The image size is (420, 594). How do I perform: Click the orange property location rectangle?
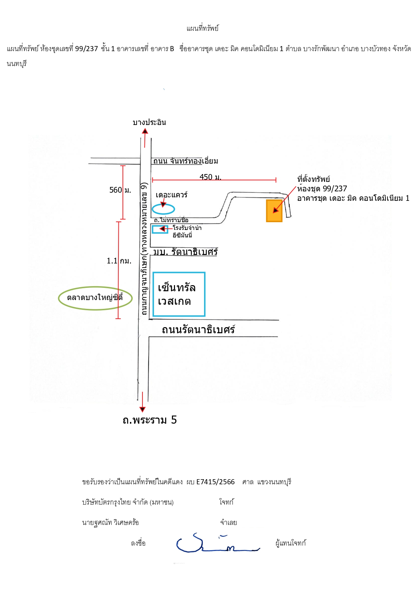(x=274, y=211)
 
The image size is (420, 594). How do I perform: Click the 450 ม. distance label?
(x=210, y=177)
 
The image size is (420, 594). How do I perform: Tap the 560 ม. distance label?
(x=120, y=190)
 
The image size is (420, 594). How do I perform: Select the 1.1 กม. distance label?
(x=119, y=261)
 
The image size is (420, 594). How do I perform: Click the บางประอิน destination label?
(x=149, y=122)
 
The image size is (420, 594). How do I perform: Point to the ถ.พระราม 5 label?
(x=150, y=420)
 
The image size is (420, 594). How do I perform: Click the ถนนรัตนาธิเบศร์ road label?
(x=198, y=330)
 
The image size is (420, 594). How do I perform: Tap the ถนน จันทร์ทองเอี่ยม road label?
(x=185, y=161)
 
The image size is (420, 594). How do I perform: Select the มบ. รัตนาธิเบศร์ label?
(x=185, y=252)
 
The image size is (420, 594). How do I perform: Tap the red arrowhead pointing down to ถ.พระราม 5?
(x=142, y=409)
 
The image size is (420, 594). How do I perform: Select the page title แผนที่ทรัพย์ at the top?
(x=202, y=28)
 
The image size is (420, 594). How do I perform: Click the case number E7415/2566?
(x=215, y=482)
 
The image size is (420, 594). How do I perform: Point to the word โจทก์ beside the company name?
(x=226, y=502)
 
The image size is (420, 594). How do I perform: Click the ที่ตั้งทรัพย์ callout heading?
(x=313, y=179)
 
